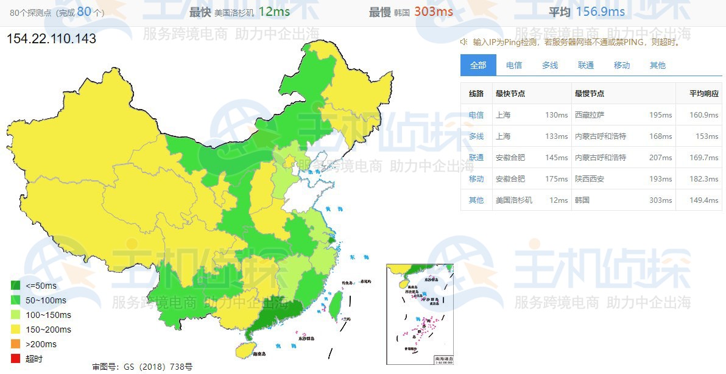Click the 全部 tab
pos(478,65)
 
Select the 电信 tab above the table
pos(514,65)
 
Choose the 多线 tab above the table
pos(550,65)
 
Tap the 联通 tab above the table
pos(586,65)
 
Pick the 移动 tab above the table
pos(622,65)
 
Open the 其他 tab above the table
pos(658,65)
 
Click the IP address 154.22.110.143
pos(51,39)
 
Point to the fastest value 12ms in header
pos(274,12)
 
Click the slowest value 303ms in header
pos(434,12)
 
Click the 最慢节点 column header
pos(590,94)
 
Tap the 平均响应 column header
pos(703,94)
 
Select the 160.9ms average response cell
pos(703,115)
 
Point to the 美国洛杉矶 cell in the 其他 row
pos(514,200)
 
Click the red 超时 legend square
pos(16,359)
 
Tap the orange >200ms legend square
pos(16,344)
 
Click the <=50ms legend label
pos(41,286)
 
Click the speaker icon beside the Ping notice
pos(463,42)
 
